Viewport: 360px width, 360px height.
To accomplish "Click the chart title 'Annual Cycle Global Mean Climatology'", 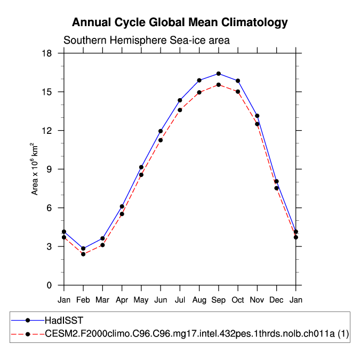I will click(x=180, y=22).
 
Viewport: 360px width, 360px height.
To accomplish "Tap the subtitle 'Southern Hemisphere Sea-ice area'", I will click(x=147, y=41).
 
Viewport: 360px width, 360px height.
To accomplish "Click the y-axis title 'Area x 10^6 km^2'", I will click(x=35, y=169).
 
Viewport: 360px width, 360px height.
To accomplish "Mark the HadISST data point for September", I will click(x=219, y=74).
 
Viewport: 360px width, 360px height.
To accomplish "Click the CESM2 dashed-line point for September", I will click(x=219, y=85).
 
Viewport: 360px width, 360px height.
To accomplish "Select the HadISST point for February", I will click(x=83, y=249).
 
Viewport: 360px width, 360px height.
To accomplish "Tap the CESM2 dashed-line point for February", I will click(x=83, y=254).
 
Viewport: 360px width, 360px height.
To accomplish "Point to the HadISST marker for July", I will click(x=180, y=100).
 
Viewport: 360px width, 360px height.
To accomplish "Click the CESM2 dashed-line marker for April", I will click(x=122, y=214).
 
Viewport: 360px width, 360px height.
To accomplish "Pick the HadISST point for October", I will click(x=238, y=81).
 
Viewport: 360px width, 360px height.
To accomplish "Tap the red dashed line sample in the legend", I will click(x=27, y=334).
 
